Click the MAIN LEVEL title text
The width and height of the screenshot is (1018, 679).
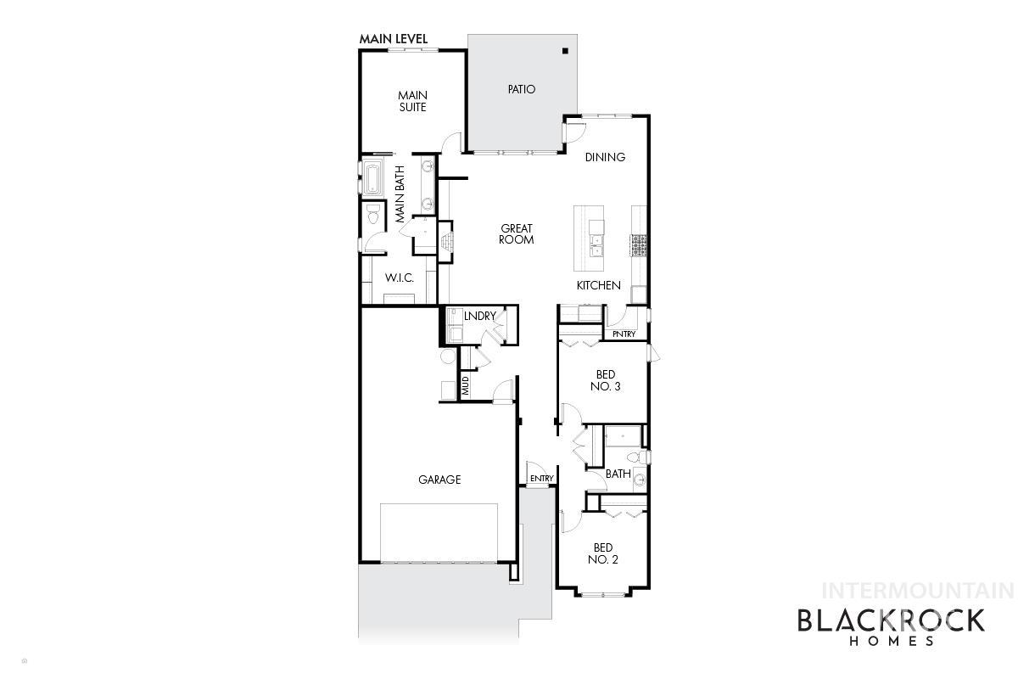(x=393, y=39)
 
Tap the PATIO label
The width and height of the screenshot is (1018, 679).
(x=522, y=89)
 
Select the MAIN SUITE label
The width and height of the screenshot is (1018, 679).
(x=412, y=101)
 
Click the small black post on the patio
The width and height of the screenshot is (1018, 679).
(x=565, y=52)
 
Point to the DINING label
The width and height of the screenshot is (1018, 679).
(x=605, y=157)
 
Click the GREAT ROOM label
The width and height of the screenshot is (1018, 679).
(x=517, y=234)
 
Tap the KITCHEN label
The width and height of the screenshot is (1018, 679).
(x=599, y=286)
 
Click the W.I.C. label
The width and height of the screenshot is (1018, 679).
(x=399, y=278)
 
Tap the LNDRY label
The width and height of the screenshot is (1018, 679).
(x=479, y=317)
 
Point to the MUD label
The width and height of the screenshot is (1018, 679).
(x=466, y=386)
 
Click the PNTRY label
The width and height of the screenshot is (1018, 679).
(x=624, y=334)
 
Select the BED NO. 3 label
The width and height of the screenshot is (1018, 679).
(x=606, y=380)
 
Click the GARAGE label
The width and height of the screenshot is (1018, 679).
(x=439, y=480)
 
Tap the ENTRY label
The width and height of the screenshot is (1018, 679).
(x=541, y=479)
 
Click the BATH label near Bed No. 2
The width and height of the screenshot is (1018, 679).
(x=618, y=474)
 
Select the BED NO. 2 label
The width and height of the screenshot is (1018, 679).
(x=604, y=553)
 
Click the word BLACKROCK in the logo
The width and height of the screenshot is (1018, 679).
(x=891, y=620)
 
